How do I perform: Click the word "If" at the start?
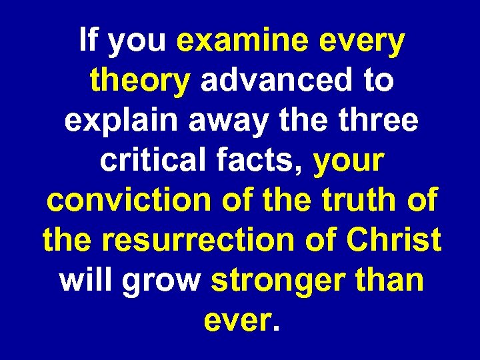click(x=88, y=41)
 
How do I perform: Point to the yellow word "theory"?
click(x=140, y=83)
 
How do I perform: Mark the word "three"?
click(x=380, y=121)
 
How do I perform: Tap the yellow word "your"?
click(x=349, y=163)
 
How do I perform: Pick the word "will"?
click(x=85, y=280)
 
